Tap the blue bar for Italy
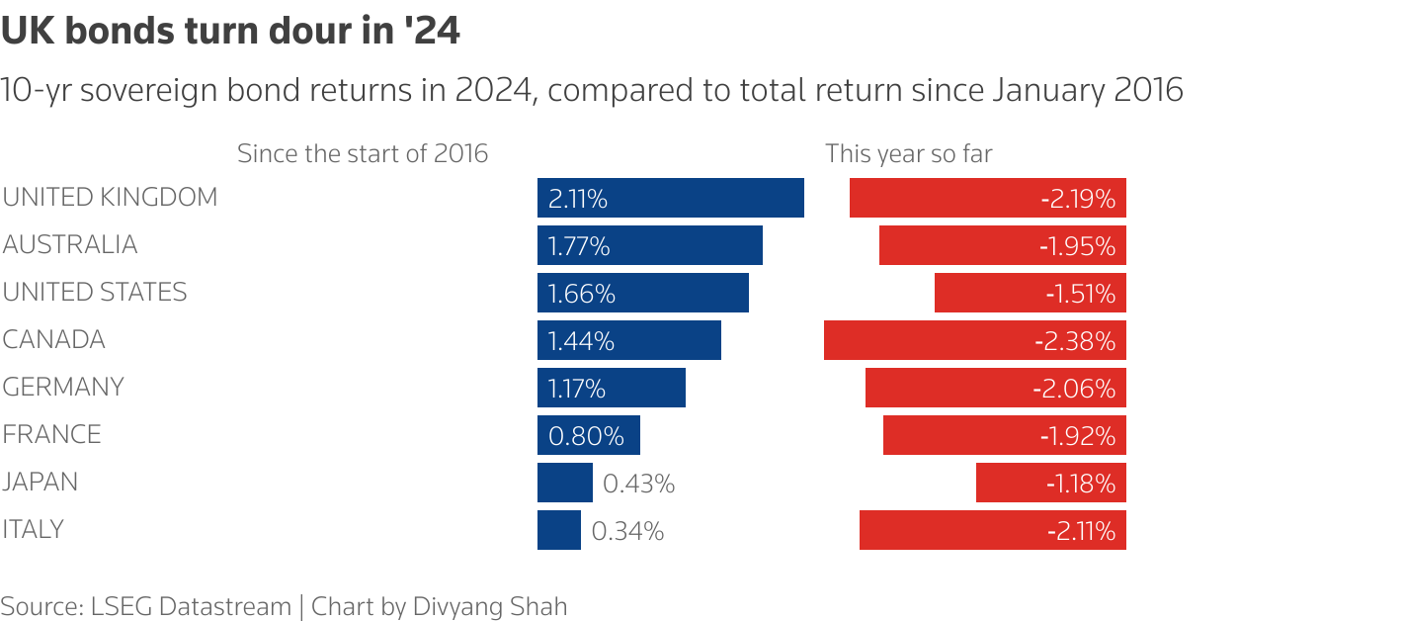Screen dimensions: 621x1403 559,530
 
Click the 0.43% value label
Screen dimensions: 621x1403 639,484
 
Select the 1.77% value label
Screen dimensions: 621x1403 578,246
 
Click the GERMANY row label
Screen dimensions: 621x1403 63,387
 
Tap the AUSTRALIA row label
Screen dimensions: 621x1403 70,244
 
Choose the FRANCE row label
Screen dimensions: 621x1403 52,434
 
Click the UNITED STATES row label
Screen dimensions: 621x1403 95,292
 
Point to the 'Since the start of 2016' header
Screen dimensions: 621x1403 363,154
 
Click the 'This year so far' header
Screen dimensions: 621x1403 909,154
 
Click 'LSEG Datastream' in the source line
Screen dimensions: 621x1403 187,606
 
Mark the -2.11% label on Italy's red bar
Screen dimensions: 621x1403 1081,531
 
